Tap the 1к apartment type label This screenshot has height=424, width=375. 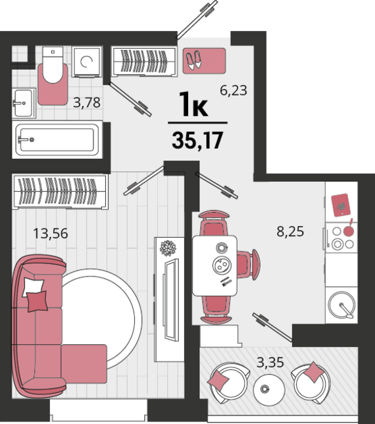tap(193, 105)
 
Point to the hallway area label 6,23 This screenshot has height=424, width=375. tap(233, 90)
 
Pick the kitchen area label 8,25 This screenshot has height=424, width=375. tap(290, 231)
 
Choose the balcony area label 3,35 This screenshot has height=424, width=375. tap(270, 361)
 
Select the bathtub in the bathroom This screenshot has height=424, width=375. tap(56, 140)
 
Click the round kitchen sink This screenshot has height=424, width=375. tap(343, 304)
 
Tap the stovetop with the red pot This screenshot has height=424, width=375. tap(342, 237)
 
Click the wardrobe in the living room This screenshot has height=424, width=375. tap(60, 190)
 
